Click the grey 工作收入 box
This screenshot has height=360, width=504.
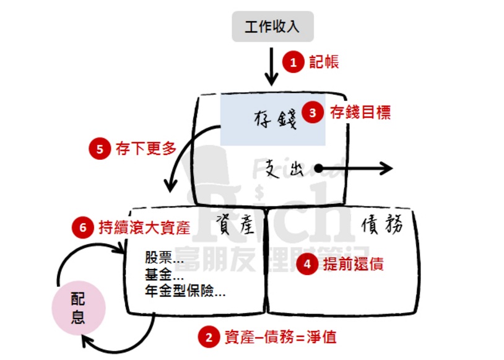point(272,27)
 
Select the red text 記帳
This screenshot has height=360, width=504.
point(324,62)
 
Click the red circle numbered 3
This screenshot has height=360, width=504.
point(313,113)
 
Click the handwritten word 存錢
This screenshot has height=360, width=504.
point(276,118)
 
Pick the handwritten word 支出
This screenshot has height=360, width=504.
point(284,168)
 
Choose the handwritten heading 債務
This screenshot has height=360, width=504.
point(381,224)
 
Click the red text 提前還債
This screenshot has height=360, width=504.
point(354,265)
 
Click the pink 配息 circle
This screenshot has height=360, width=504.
point(79,309)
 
